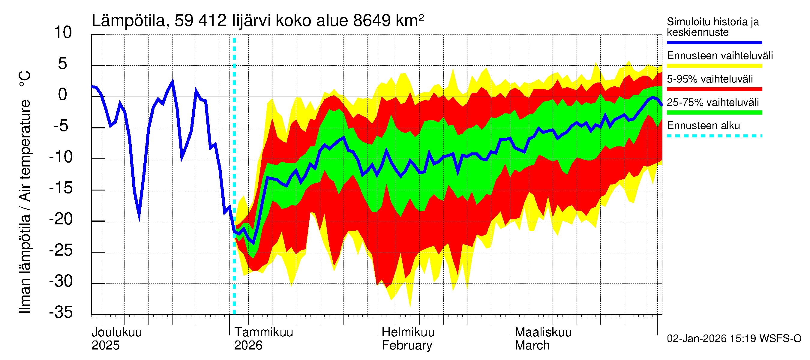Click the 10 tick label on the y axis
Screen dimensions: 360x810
(x=63, y=33)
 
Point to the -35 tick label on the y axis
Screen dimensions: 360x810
(x=61, y=312)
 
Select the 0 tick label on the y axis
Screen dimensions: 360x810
(x=63, y=94)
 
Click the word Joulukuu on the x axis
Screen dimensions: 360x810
(x=117, y=332)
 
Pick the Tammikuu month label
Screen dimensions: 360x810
(x=263, y=332)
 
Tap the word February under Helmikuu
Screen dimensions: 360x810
(x=407, y=346)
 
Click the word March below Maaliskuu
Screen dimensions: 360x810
(x=532, y=346)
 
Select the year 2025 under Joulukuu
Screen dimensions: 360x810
(x=105, y=346)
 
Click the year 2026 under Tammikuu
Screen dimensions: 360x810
(x=248, y=346)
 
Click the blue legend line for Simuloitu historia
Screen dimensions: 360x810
(x=714, y=42)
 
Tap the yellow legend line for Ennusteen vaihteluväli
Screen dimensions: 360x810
(x=714, y=66)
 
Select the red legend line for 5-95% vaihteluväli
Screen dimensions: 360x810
(x=714, y=89)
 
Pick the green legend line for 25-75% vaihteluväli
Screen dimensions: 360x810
(x=714, y=112)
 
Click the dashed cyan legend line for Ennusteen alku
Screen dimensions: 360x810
(x=714, y=136)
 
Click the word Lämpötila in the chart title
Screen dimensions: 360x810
(x=128, y=21)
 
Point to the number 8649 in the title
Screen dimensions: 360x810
(x=372, y=21)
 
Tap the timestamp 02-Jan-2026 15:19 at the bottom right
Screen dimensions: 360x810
(x=712, y=339)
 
